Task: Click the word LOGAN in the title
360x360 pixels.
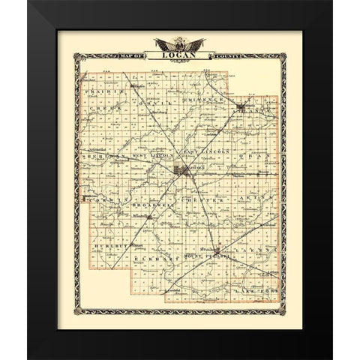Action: (178, 57)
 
